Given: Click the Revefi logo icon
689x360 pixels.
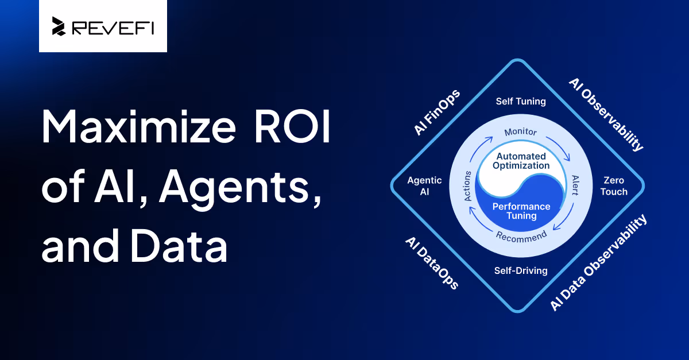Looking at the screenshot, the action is click(59, 26).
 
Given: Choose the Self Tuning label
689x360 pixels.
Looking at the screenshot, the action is click(520, 102).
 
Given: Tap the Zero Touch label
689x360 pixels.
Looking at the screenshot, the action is click(614, 186).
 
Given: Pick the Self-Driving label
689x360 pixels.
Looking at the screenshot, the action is click(521, 270).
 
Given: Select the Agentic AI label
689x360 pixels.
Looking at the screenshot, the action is click(424, 186).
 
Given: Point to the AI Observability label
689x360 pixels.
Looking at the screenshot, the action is click(606, 115).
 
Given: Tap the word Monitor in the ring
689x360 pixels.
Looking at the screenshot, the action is click(520, 132).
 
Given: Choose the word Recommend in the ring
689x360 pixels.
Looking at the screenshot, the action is click(521, 235).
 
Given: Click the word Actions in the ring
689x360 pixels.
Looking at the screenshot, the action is click(468, 185).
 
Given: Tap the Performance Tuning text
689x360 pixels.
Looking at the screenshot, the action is click(521, 211).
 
